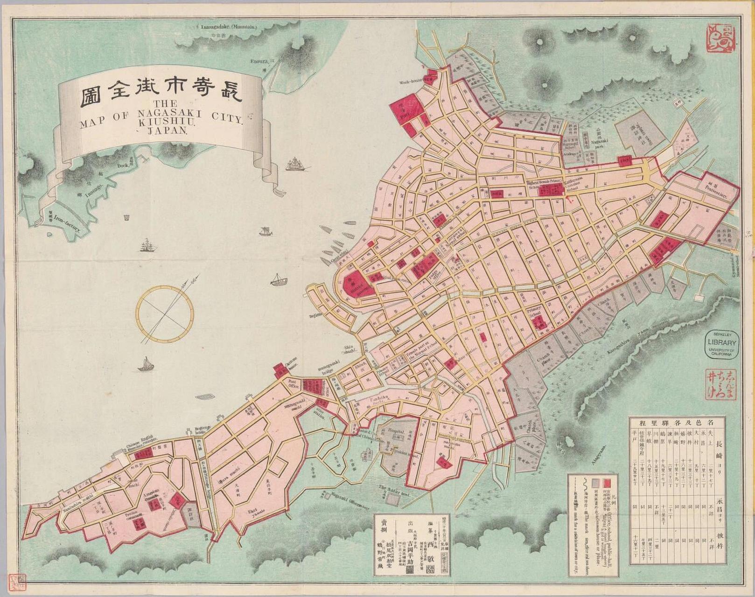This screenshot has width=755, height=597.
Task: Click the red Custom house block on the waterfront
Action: (280, 370)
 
